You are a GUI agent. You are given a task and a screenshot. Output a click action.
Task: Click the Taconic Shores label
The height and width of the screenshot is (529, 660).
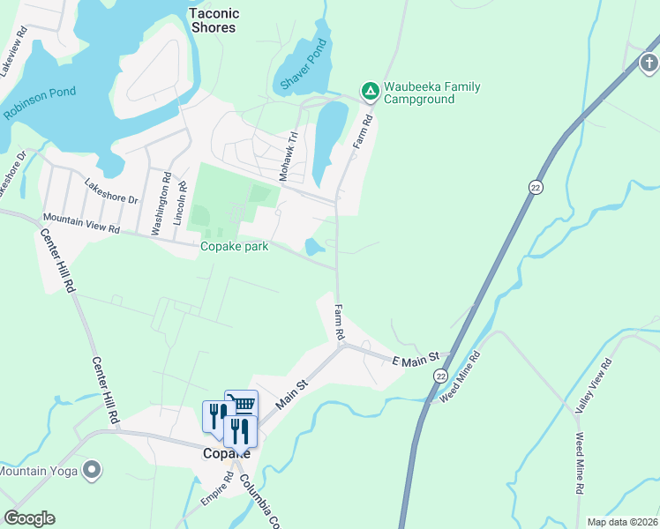click(214, 20)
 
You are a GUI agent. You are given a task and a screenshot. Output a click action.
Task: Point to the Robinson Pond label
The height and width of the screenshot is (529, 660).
click(40, 103)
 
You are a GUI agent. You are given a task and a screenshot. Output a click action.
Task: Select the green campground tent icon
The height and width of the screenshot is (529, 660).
click(370, 90)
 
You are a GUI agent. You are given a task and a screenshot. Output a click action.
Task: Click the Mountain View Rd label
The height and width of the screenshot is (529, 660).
click(81, 223)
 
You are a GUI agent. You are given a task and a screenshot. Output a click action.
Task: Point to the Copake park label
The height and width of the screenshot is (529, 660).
click(234, 247)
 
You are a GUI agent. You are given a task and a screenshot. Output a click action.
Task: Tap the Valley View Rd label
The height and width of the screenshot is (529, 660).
click(594, 384)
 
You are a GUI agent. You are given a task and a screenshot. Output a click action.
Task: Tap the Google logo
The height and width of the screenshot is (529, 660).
click(29, 518)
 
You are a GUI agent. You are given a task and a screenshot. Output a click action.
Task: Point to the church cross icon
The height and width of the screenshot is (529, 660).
click(649, 63)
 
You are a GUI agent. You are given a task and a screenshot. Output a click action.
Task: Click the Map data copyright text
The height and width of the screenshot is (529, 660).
click(622, 522)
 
